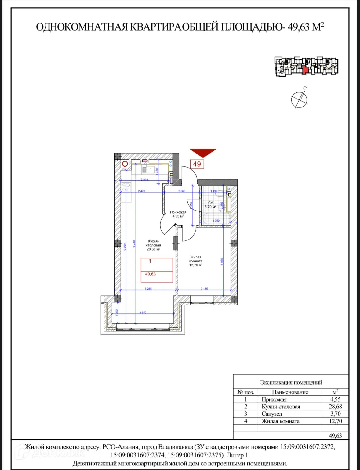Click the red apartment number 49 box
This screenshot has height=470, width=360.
click(x=197, y=164)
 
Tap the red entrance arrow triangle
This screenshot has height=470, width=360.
click(x=203, y=152)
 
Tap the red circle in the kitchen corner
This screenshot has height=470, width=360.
click(x=125, y=164)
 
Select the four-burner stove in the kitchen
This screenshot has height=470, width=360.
click(x=126, y=187)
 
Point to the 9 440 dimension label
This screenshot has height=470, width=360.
click(x=134, y=243)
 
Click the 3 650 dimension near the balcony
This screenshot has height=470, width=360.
click(x=143, y=313)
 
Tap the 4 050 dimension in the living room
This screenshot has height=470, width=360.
click(x=222, y=262)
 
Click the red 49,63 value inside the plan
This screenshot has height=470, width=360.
click(x=151, y=274)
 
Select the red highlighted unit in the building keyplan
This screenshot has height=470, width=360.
click(x=305, y=69)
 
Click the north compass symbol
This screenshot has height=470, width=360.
click(x=299, y=99)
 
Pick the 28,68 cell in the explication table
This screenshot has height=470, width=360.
click(x=335, y=407)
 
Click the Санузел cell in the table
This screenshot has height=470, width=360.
click(x=272, y=414)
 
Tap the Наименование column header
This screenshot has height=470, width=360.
click(x=290, y=392)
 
